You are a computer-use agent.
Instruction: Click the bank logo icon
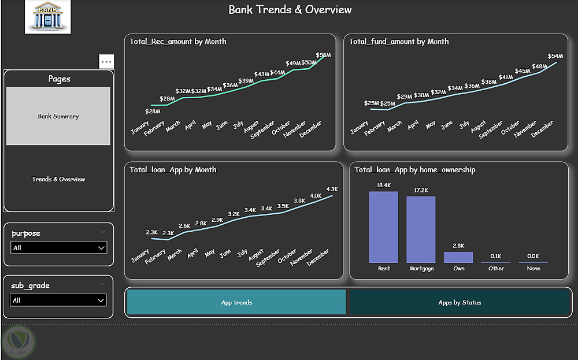coord(47,16)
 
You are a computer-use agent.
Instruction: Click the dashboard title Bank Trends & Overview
coord(290,9)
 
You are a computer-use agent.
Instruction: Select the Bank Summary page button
coord(58,116)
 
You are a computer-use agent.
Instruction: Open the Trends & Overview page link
coord(58,179)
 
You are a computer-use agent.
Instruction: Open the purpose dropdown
coord(59,248)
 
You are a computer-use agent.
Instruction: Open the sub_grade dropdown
coord(59,300)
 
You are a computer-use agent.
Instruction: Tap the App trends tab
coord(236,302)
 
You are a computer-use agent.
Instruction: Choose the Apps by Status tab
coord(460,302)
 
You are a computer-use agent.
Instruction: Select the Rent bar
coord(384,227)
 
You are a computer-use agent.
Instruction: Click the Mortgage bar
coord(421,229)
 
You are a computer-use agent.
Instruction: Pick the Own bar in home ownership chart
coord(458,257)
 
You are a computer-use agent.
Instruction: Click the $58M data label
coord(324,55)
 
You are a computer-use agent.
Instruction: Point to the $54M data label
coord(555,56)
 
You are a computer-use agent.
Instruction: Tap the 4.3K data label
coord(332,189)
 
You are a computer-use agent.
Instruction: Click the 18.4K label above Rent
coord(384,185)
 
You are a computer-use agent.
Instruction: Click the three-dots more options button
coord(106,61)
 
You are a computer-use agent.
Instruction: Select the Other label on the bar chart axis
coord(496,269)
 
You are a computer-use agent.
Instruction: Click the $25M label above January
coord(372,103)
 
